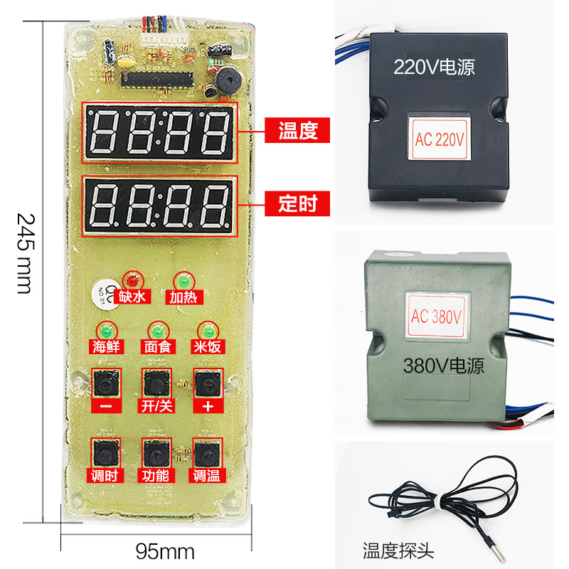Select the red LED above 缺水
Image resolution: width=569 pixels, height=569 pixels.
(132, 279)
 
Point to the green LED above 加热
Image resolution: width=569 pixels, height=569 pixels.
(181, 279)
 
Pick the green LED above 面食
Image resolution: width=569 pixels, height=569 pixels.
(156, 331)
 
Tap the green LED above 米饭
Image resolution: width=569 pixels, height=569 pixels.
(207, 331)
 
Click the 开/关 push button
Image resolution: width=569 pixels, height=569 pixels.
(156, 385)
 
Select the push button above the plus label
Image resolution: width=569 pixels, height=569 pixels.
(207, 385)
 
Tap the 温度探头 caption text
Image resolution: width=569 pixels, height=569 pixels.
(398, 551)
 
